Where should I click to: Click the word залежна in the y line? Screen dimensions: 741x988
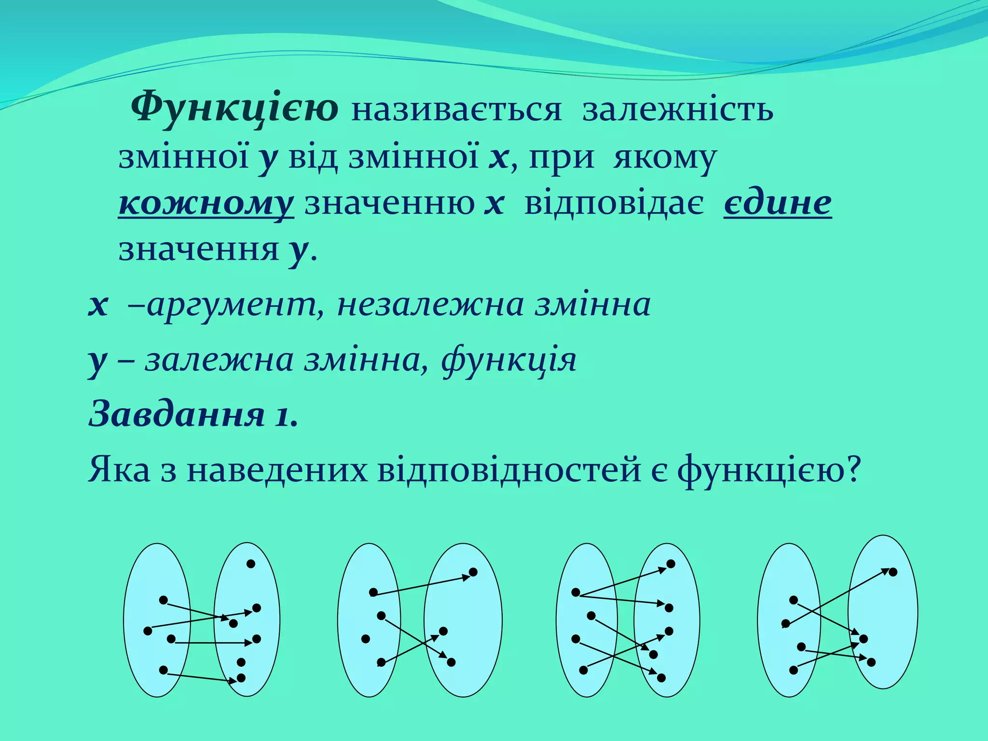(219, 360)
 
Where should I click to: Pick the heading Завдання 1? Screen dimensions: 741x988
(193, 415)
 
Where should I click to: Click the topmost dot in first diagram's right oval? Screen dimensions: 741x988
(250, 563)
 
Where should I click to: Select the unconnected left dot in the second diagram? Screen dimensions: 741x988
(365, 639)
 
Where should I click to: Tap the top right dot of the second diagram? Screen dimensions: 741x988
(473, 572)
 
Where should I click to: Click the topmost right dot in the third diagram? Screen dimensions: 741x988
(671, 564)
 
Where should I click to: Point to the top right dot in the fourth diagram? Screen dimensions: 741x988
(893, 572)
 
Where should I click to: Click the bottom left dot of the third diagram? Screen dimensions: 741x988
(583, 670)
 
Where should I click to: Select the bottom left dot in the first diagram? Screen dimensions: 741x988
(163, 670)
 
